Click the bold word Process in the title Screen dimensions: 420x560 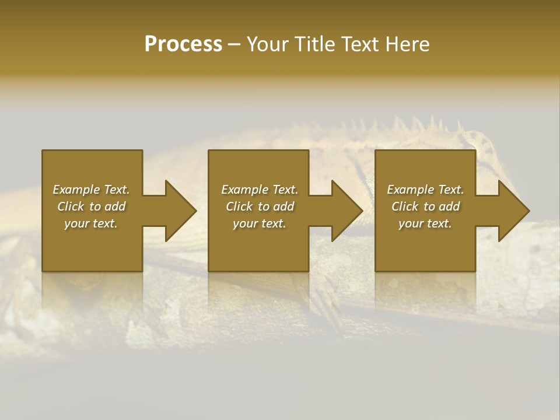[x=183, y=44]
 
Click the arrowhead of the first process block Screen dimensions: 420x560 [x=181, y=211]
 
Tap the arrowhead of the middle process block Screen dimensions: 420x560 [x=347, y=211]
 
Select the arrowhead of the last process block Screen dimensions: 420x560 [x=514, y=211]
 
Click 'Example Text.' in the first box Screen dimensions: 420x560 [x=91, y=190]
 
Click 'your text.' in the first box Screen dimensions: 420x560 [x=91, y=223]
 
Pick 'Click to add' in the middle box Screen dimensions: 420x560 [x=260, y=206]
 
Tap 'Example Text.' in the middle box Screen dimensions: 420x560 [x=260, y=190]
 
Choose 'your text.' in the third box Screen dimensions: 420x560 [x=425, y=223]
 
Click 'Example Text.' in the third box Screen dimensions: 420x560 [x=425, y=190]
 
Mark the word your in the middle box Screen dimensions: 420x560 [x=245, y=223]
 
